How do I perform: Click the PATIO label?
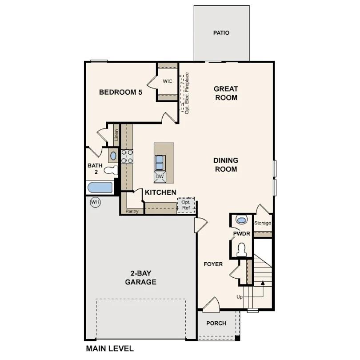(221, 33)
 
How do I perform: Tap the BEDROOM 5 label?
(120, 92)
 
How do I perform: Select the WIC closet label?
(167, 81)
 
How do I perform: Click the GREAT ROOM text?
(226, 93)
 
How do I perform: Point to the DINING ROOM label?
(226, 164)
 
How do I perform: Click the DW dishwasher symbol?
(160, 176)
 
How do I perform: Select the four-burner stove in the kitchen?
(127, 156)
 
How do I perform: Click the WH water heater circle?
(95, 202)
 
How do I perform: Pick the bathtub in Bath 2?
(100, 188)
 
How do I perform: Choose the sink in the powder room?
(241, 220)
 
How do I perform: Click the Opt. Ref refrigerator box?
(186, 205)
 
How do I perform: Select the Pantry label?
(132, 212)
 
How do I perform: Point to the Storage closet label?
(262, 223)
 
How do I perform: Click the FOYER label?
(213, 264)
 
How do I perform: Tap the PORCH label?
(216, 323)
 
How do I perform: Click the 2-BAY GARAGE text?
(140, 278)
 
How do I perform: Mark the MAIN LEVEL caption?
(109, 349)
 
